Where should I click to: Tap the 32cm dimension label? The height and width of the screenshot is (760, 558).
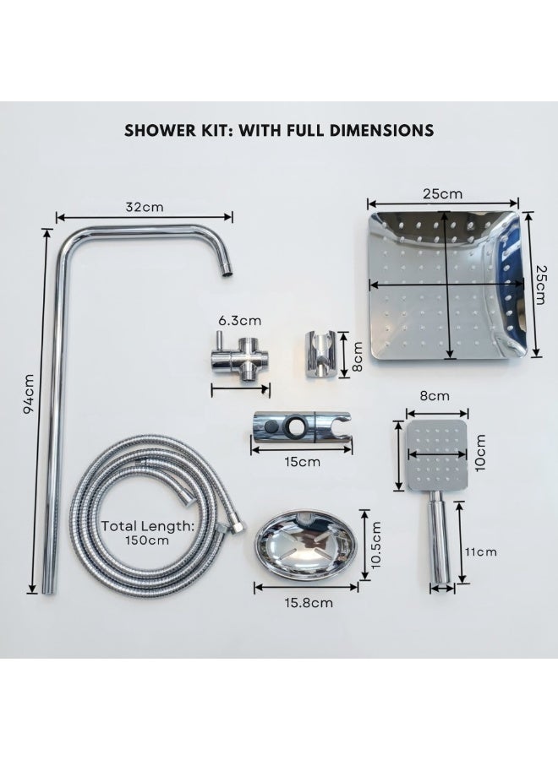(x=145, y=207)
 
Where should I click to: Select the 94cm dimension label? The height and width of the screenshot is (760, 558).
(x=28, y=394)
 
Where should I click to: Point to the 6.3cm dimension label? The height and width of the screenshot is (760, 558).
(x=239, y=320)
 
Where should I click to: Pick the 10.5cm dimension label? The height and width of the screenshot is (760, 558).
(x=374, y=544)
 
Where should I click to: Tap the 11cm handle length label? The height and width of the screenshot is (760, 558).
(x=481, y=551)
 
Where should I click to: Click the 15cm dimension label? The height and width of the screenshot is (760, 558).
(x=303, y=461)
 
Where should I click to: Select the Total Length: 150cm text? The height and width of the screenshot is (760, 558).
(x=147, y=533)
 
